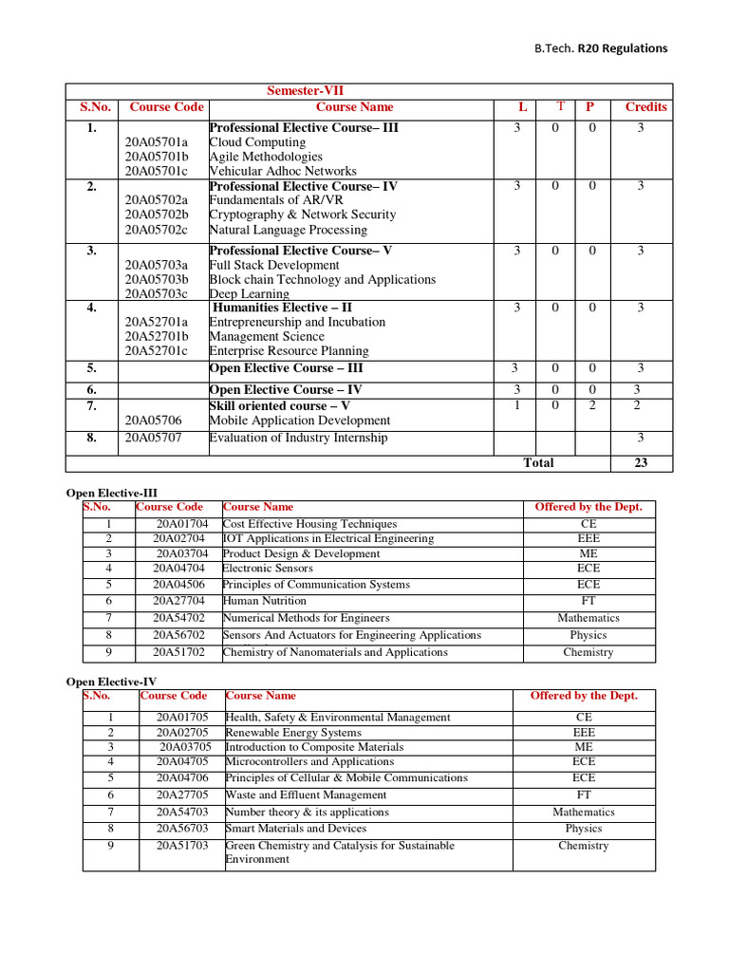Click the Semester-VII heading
pyautogui.click(x=312, y=90)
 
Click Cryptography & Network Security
pyautogui.click(x=302, y=215)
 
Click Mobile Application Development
pyautogui.click(x=299, y=421)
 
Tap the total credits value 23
pyautogui.click(x=640, y=463)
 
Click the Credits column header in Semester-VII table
pyautogui.click(x=645, y=107)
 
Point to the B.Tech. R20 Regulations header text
pyautogui.click(x=600, y=48)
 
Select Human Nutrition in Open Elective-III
pyautogui.click(x=264, y=601)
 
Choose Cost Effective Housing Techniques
pyautogui.click(x=309, y=524)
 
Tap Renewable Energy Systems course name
pyautogui.click(x=292, y=733)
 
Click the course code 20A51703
pyautogui.click(x=182, y=846)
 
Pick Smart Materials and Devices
pyautogui.click(x=295, y=829)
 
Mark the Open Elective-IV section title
pyautogui.click(x=111, y=682)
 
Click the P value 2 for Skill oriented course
pyautogui.click(x=591, y=405)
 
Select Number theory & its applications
pyautogui.click(x=307, y=813)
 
